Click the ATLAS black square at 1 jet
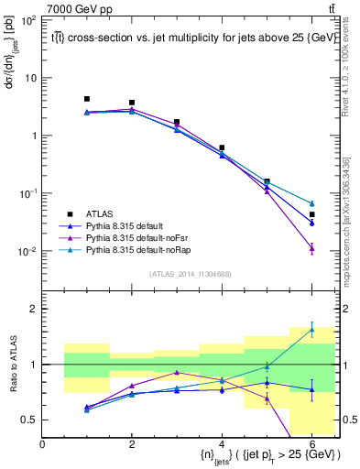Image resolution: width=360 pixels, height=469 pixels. pos(87,99)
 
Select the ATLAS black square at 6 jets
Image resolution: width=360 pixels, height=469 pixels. pos(311,214)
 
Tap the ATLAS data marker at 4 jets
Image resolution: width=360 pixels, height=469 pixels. pos(222,147)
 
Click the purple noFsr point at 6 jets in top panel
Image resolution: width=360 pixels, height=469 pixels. pos(311,247)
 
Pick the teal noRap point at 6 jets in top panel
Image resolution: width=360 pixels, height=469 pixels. pos(311,203)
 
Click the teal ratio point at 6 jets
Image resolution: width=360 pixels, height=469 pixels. pos(311,330)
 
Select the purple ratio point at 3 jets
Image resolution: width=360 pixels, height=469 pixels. pos(177,373)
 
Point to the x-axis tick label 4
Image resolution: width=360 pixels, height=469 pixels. pos(222,444)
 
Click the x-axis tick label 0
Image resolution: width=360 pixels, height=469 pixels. pos(42,444)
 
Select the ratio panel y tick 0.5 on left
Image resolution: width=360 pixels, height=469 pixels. pos(30,420)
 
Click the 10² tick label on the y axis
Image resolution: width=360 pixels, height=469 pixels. pos(27,19)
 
